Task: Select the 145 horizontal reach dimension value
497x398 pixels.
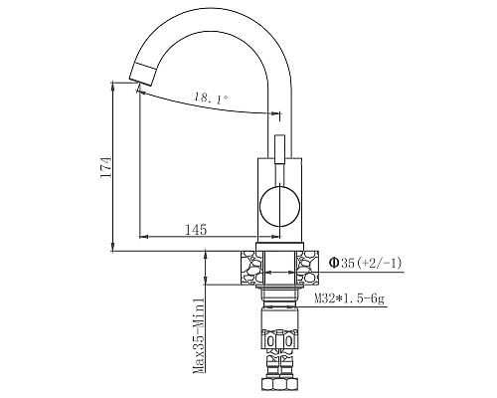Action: pos(195,230)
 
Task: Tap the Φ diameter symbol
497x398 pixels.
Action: pos(335,264)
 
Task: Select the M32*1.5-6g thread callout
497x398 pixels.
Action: pos(365,298)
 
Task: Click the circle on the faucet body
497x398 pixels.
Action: pos(278,211)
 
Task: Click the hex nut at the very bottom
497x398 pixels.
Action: pos(278,386)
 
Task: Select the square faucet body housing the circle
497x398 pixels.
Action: pos(279,200)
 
